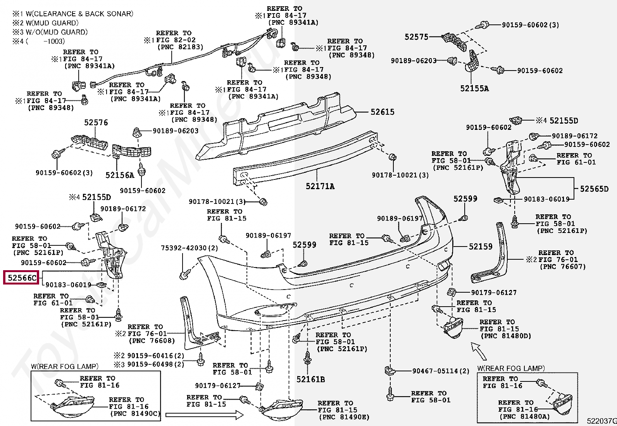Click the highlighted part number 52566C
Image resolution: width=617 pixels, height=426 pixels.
pyautogui.click(x=21, y=278)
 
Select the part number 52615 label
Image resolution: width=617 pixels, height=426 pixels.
pyautogui.click(x=382, y=112)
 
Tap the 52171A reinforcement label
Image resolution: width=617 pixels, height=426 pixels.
pyautogui.click(x=320, y=186)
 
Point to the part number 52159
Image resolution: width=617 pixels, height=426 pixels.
pyautogui.click(x=480, y=247)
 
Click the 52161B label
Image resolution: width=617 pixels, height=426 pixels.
pyautogui.click(x=310, y=379)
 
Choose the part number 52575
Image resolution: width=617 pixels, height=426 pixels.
pyautogui.click(x=416, y=37)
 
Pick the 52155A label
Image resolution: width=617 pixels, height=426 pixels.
pyautogui.click(x=474, y=88)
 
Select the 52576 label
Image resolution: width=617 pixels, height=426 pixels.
pyautogui.click(x=96, y=122)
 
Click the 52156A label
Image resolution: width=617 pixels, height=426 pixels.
pyautogui.click(x=119, y=175)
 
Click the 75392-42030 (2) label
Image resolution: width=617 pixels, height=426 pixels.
pyautogui.click(x=190, y=248)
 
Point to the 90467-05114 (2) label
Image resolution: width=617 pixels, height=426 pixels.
pyautogui.click(x=441, y=371)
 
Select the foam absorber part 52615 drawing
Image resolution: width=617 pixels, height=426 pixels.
pyautogui.click(x=279, y=124)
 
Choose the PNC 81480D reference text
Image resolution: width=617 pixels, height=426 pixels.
pyautogui.click(x=506, y=336)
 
